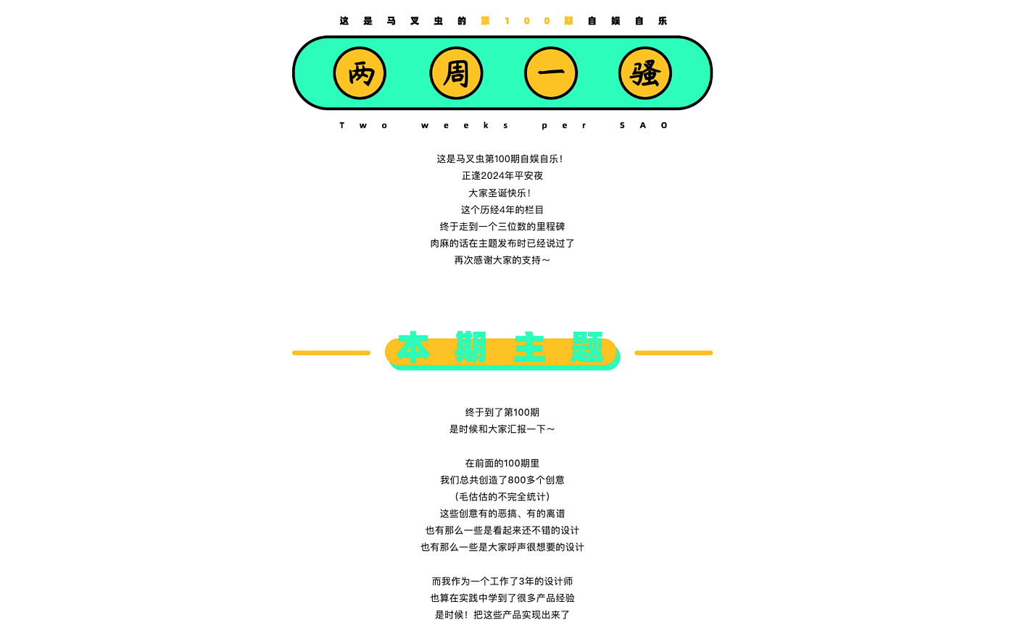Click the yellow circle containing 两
pos(360,73)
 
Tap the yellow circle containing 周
pos(456,73)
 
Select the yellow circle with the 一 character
pos(551,73)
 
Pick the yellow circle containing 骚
pos(645,73)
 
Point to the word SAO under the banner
pos(643,125)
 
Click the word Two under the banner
pos(363,125)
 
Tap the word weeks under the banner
pos(465,125)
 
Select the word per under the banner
pos(564,125)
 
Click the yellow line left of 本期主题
pos(331,353)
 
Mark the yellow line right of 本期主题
pos(674,353)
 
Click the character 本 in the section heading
pos(414,348)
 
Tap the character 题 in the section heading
pos(587,348)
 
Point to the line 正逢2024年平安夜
pos(502,176)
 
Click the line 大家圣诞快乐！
pos(500,193)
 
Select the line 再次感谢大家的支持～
pos(502,260)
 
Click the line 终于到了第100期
pos(502,412)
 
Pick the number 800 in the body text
pos(517,479)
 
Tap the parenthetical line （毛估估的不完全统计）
pos(502,497)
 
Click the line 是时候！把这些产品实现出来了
pos(502,615)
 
